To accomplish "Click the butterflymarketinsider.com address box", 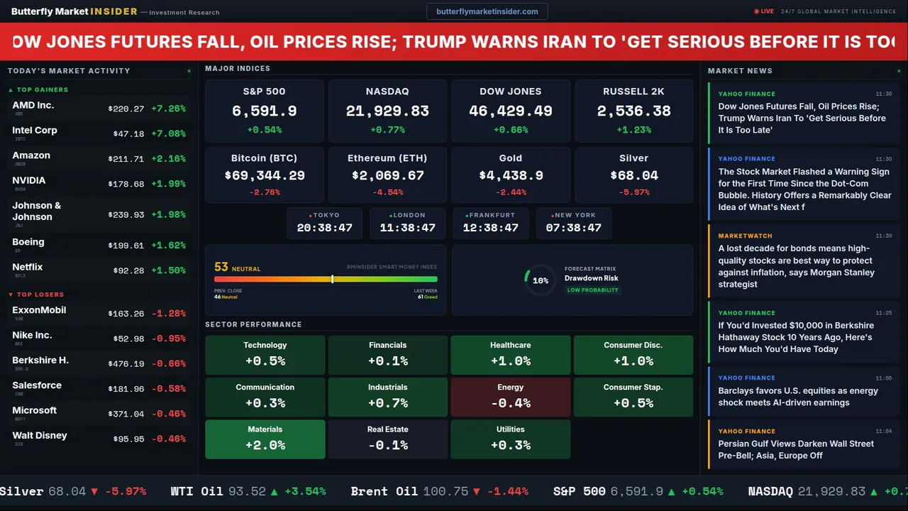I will click(487, 11).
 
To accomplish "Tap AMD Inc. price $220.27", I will click(126, 109).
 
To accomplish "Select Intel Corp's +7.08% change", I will click(169, 133).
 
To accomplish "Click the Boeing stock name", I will click(28, 242).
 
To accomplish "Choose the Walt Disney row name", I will click(40, 436).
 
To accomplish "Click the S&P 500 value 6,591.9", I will click(264, 111).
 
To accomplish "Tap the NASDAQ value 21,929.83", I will click(387, 111).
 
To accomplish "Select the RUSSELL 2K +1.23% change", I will click(633, 130).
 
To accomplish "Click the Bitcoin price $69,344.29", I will click(264, 175).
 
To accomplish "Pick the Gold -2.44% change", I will click(510, 192).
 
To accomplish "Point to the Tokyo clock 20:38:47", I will click(324, 228).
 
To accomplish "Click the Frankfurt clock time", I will click(490, 228).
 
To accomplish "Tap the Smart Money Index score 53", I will click(221, 268).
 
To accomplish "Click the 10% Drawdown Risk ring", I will click(540, 280).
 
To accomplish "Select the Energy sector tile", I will click(510, 397).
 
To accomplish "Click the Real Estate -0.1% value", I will click(387, 445).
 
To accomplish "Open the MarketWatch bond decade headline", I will click(796, 266).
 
